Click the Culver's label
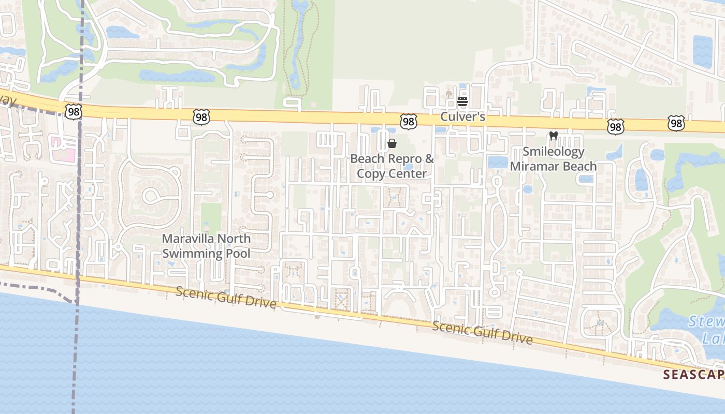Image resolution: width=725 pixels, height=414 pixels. (462, 117)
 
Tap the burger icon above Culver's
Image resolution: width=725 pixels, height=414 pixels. (462, 101)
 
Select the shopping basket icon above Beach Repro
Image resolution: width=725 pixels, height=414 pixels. (392, 143)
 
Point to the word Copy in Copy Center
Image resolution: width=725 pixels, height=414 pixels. (370, 173)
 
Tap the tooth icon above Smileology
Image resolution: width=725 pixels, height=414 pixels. (553, 136)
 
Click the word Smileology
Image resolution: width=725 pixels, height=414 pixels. (553, 152)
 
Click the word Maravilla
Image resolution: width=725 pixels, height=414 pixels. (188, 239)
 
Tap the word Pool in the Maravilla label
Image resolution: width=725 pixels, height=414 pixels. (238, 253)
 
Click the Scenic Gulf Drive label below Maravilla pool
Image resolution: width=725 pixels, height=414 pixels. (226, 297)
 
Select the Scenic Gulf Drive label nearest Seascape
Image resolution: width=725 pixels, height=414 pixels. (482, 332)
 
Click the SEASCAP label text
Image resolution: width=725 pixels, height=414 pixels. (694, 374)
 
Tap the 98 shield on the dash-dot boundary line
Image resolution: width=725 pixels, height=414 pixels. (74, 111)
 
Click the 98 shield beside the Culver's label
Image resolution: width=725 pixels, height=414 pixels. (409, 122)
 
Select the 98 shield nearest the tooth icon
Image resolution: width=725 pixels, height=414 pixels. (616, 126)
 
